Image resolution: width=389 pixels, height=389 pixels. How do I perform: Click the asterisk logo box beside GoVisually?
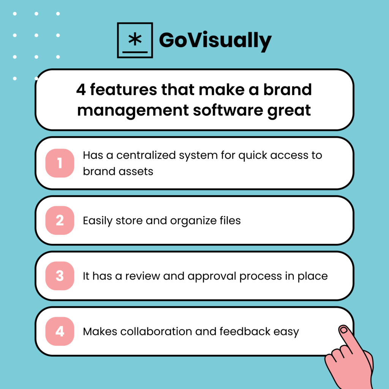point(135,40)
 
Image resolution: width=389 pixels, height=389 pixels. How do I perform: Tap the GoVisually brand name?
point(215,40)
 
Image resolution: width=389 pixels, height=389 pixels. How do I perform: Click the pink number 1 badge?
point(60,163)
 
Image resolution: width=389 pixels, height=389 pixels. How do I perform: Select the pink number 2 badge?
point(60,220)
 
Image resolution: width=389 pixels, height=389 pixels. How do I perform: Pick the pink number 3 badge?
point(60,276)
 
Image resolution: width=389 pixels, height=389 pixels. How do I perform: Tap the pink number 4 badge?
point(60,331)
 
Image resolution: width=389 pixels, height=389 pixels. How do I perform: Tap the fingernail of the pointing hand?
point(344,330)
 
